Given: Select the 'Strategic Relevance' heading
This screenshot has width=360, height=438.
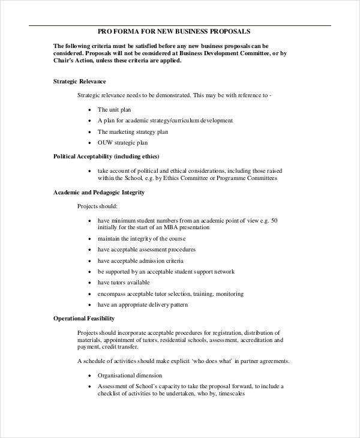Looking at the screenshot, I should (80, 81).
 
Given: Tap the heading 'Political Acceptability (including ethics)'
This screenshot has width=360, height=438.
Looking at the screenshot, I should (106, 156).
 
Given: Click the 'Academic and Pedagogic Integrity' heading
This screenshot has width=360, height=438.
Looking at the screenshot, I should (99, 193).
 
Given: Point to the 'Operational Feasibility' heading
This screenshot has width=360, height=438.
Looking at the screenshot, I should (84, 318).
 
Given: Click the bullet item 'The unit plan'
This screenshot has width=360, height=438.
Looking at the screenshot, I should (114, 110).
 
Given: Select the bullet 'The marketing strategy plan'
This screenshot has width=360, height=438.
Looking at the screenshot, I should (133, 131).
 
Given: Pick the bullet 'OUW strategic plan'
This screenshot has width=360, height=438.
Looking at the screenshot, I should (122, 143).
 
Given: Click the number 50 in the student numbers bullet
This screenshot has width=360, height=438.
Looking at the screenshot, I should (274, 220).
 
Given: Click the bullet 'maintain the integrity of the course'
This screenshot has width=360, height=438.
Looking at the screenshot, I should (142, 239).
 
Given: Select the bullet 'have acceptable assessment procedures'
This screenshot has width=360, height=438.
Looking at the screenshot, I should (146, 250).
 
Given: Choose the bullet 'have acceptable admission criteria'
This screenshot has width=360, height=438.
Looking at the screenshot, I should (140, 261).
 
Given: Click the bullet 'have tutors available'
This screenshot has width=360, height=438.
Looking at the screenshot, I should (124, 283).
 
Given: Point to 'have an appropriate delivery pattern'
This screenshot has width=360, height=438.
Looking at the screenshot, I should (143, 305).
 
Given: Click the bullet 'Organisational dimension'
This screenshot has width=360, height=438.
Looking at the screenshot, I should (130, 375).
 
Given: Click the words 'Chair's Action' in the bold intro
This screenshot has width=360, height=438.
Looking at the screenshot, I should (74, 60).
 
